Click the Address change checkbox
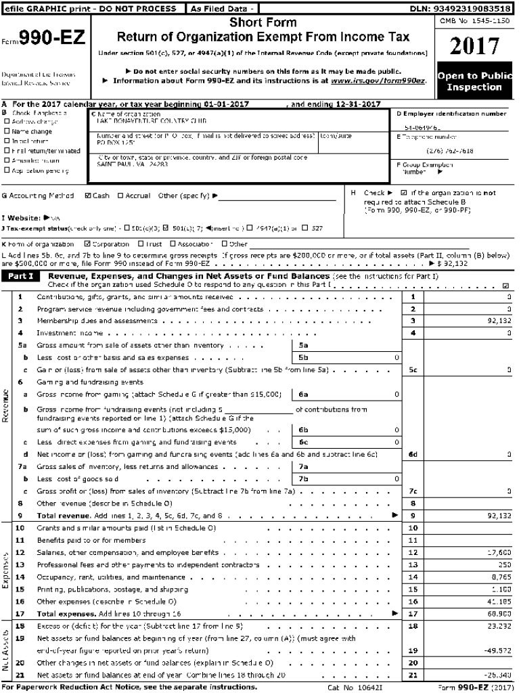[x=7, y=122]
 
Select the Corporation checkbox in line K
[x=87, y=244]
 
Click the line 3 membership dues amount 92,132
[x=499, y=321]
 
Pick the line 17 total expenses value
[x=499, y=612]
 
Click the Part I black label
[x=22, y=277]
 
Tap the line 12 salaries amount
[x=499, y=552]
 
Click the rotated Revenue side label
[x=6, y=406]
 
